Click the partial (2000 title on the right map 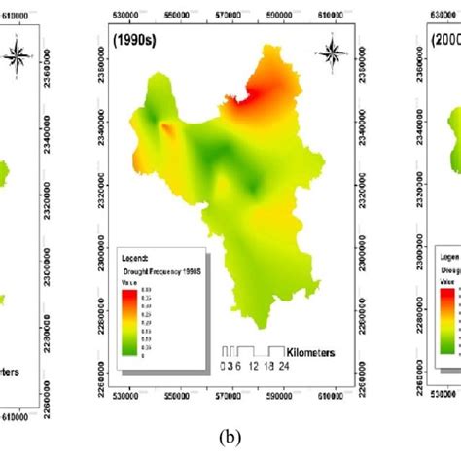tap(443, 44)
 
